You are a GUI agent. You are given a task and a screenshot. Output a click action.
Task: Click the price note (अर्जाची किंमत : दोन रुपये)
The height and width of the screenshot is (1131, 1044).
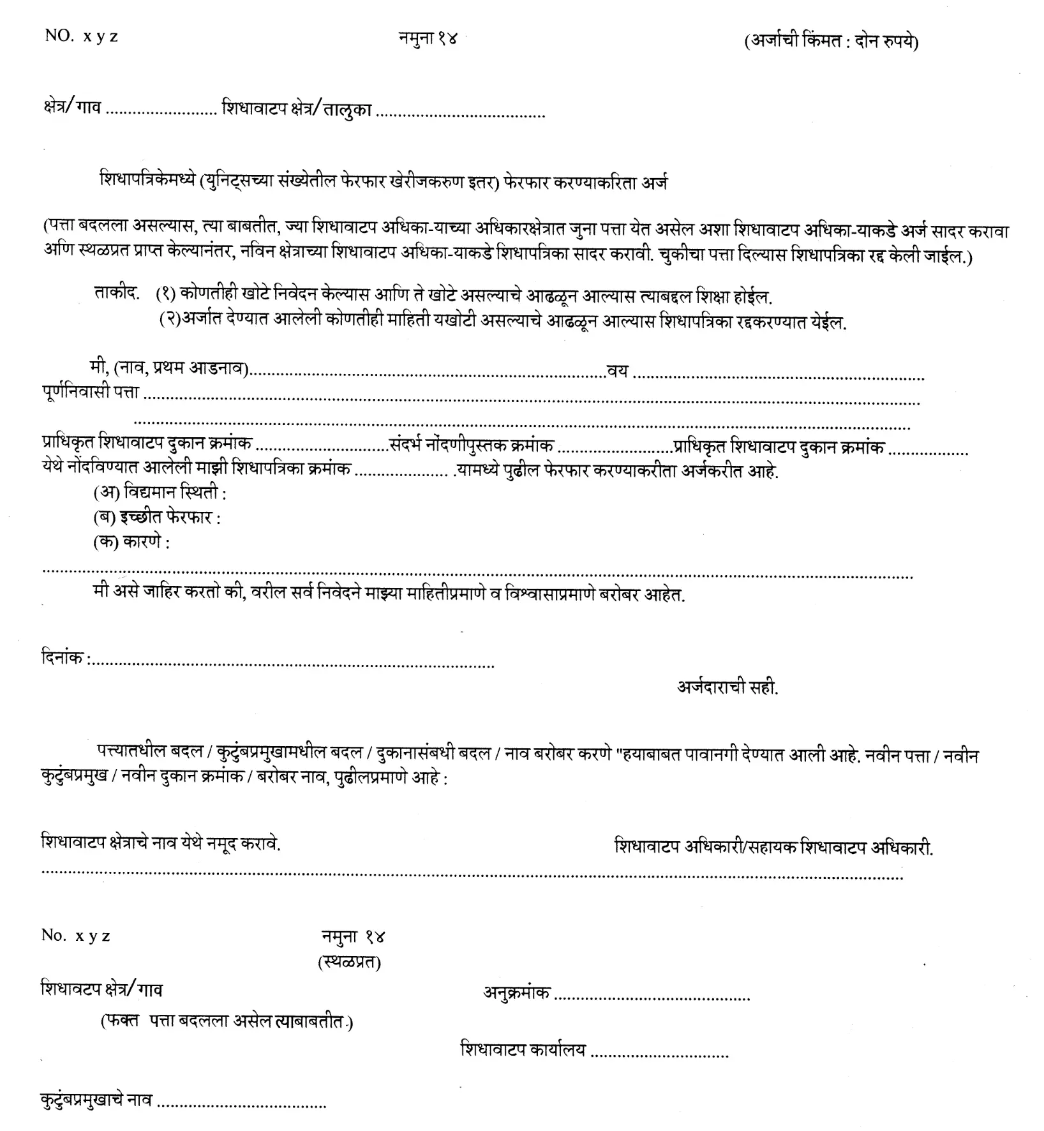coord(831,42)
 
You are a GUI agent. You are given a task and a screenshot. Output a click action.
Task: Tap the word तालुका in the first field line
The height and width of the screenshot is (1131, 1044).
coord(347,110)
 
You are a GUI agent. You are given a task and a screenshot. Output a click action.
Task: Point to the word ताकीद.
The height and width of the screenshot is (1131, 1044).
coord(116,294)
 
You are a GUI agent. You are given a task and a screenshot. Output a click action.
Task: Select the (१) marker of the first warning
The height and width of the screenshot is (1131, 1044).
coord(166,295)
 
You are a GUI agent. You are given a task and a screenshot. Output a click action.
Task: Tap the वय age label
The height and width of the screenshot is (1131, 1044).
coord(617,370)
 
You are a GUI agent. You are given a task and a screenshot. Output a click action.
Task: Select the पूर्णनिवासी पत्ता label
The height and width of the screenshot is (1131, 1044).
coord(90,393)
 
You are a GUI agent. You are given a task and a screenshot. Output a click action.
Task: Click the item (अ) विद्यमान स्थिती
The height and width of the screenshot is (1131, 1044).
coord(160,493)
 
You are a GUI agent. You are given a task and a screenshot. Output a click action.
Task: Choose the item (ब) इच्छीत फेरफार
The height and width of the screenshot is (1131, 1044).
coord(156,517)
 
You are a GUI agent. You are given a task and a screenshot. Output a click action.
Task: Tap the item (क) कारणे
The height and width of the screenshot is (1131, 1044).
coord(131,543)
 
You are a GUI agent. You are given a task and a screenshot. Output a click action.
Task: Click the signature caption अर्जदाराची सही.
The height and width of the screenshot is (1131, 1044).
coord(727,687)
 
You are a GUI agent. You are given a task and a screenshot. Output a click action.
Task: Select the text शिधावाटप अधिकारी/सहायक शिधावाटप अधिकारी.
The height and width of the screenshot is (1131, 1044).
coord(773,847)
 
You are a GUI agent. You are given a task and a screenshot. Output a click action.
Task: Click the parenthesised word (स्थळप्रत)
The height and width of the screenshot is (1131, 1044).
coord(349,962)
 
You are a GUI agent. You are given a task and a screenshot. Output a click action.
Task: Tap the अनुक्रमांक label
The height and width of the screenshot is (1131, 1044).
coord(516,992)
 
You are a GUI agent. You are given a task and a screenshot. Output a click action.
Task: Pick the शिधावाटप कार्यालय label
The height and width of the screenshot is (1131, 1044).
coord(523,1049)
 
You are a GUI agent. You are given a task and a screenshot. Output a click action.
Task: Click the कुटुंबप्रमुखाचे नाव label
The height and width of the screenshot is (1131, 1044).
coord(96,1100)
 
